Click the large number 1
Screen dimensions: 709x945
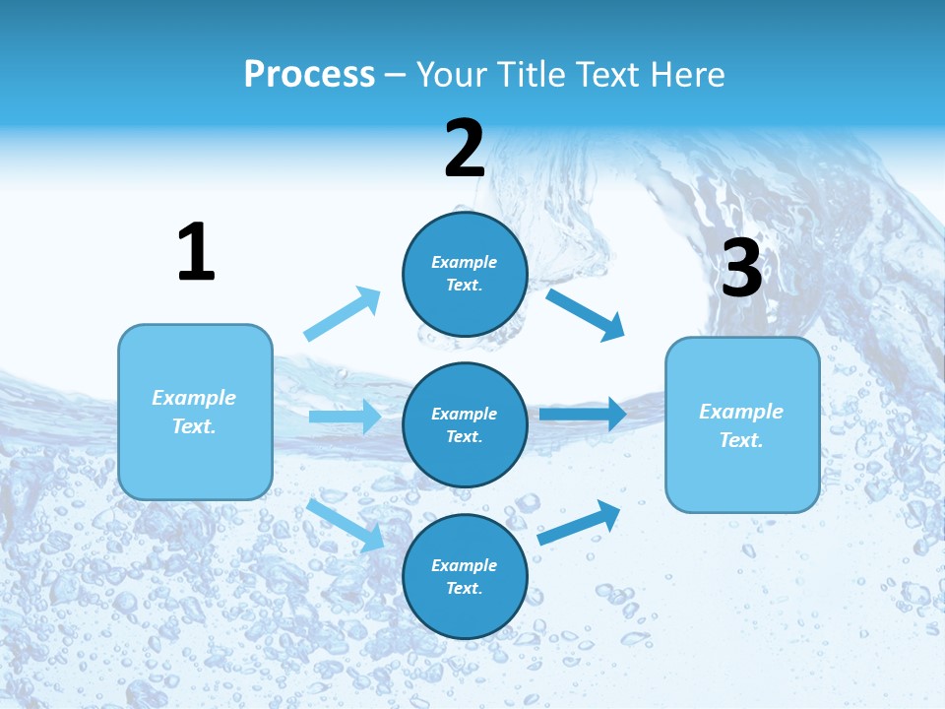196,253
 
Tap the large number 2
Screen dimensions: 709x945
465,150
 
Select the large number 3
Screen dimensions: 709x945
742,269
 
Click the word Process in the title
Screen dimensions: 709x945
309,74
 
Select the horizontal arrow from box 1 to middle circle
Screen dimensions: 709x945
345,417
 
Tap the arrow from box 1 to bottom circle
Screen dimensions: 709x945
345,525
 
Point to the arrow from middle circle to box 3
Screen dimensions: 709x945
583,414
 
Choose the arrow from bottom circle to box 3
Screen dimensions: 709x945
579,523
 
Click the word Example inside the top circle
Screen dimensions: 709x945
465,262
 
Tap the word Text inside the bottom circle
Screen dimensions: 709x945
463,588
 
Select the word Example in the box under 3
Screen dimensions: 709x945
741,412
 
